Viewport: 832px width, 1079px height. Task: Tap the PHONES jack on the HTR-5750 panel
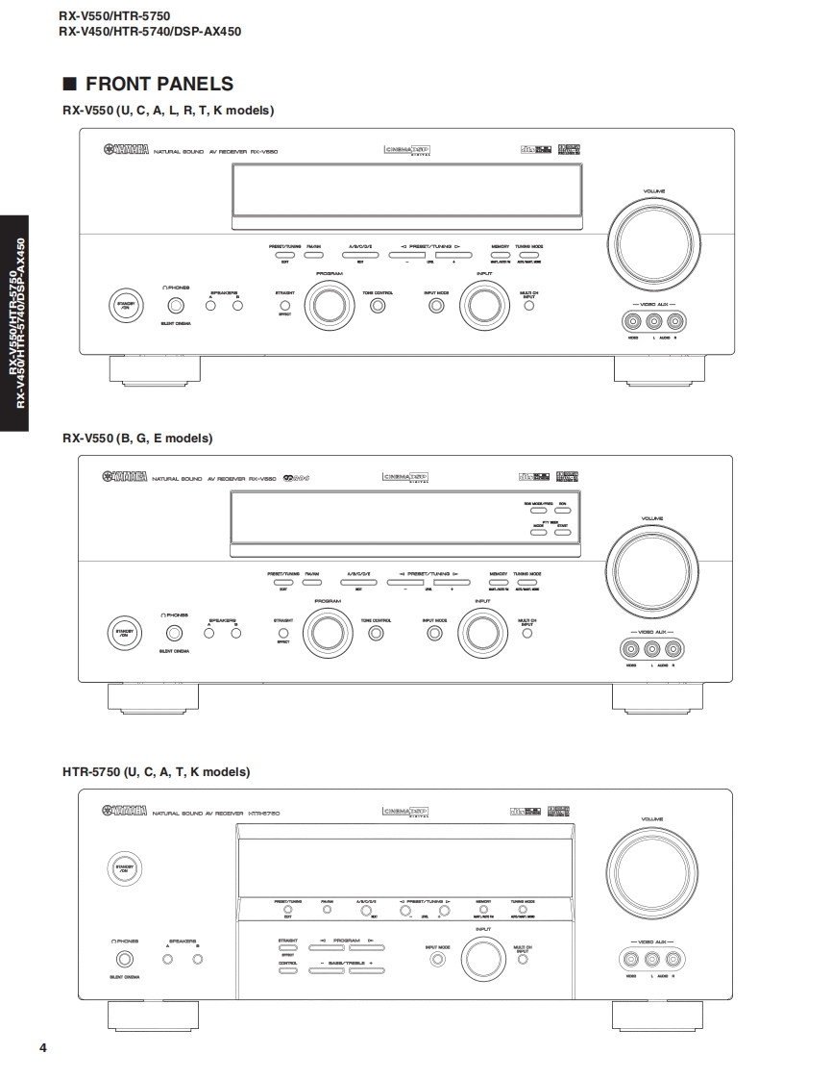pos(124,959)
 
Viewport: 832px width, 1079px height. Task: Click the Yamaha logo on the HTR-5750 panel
pos(125,813)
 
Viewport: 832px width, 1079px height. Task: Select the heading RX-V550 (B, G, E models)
pos(137,439)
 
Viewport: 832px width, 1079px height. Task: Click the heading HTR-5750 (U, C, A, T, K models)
pos(156,772)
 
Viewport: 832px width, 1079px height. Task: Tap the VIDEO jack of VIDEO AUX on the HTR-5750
pos(631,959)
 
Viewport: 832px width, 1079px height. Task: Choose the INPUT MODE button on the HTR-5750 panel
pos(438,959)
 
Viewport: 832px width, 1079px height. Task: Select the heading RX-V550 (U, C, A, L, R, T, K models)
pos(168,111)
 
